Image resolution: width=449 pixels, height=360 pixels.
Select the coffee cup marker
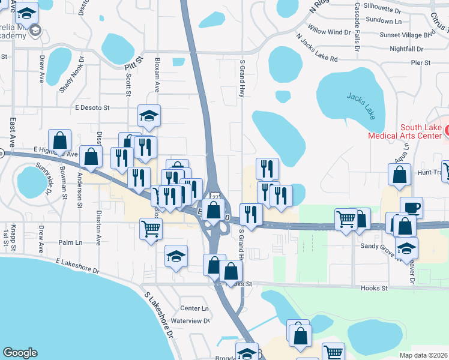pos(411,208)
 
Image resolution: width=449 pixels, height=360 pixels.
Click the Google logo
pos(20,353)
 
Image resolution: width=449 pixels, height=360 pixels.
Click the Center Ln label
pos(194,308)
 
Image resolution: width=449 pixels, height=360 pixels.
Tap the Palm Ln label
pos(70,242)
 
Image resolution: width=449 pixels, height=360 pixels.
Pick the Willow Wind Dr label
pos(329,31)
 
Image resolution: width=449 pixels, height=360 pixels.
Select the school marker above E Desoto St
pos(149,115)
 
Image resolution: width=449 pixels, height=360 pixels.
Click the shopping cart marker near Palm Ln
pos(151,228)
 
